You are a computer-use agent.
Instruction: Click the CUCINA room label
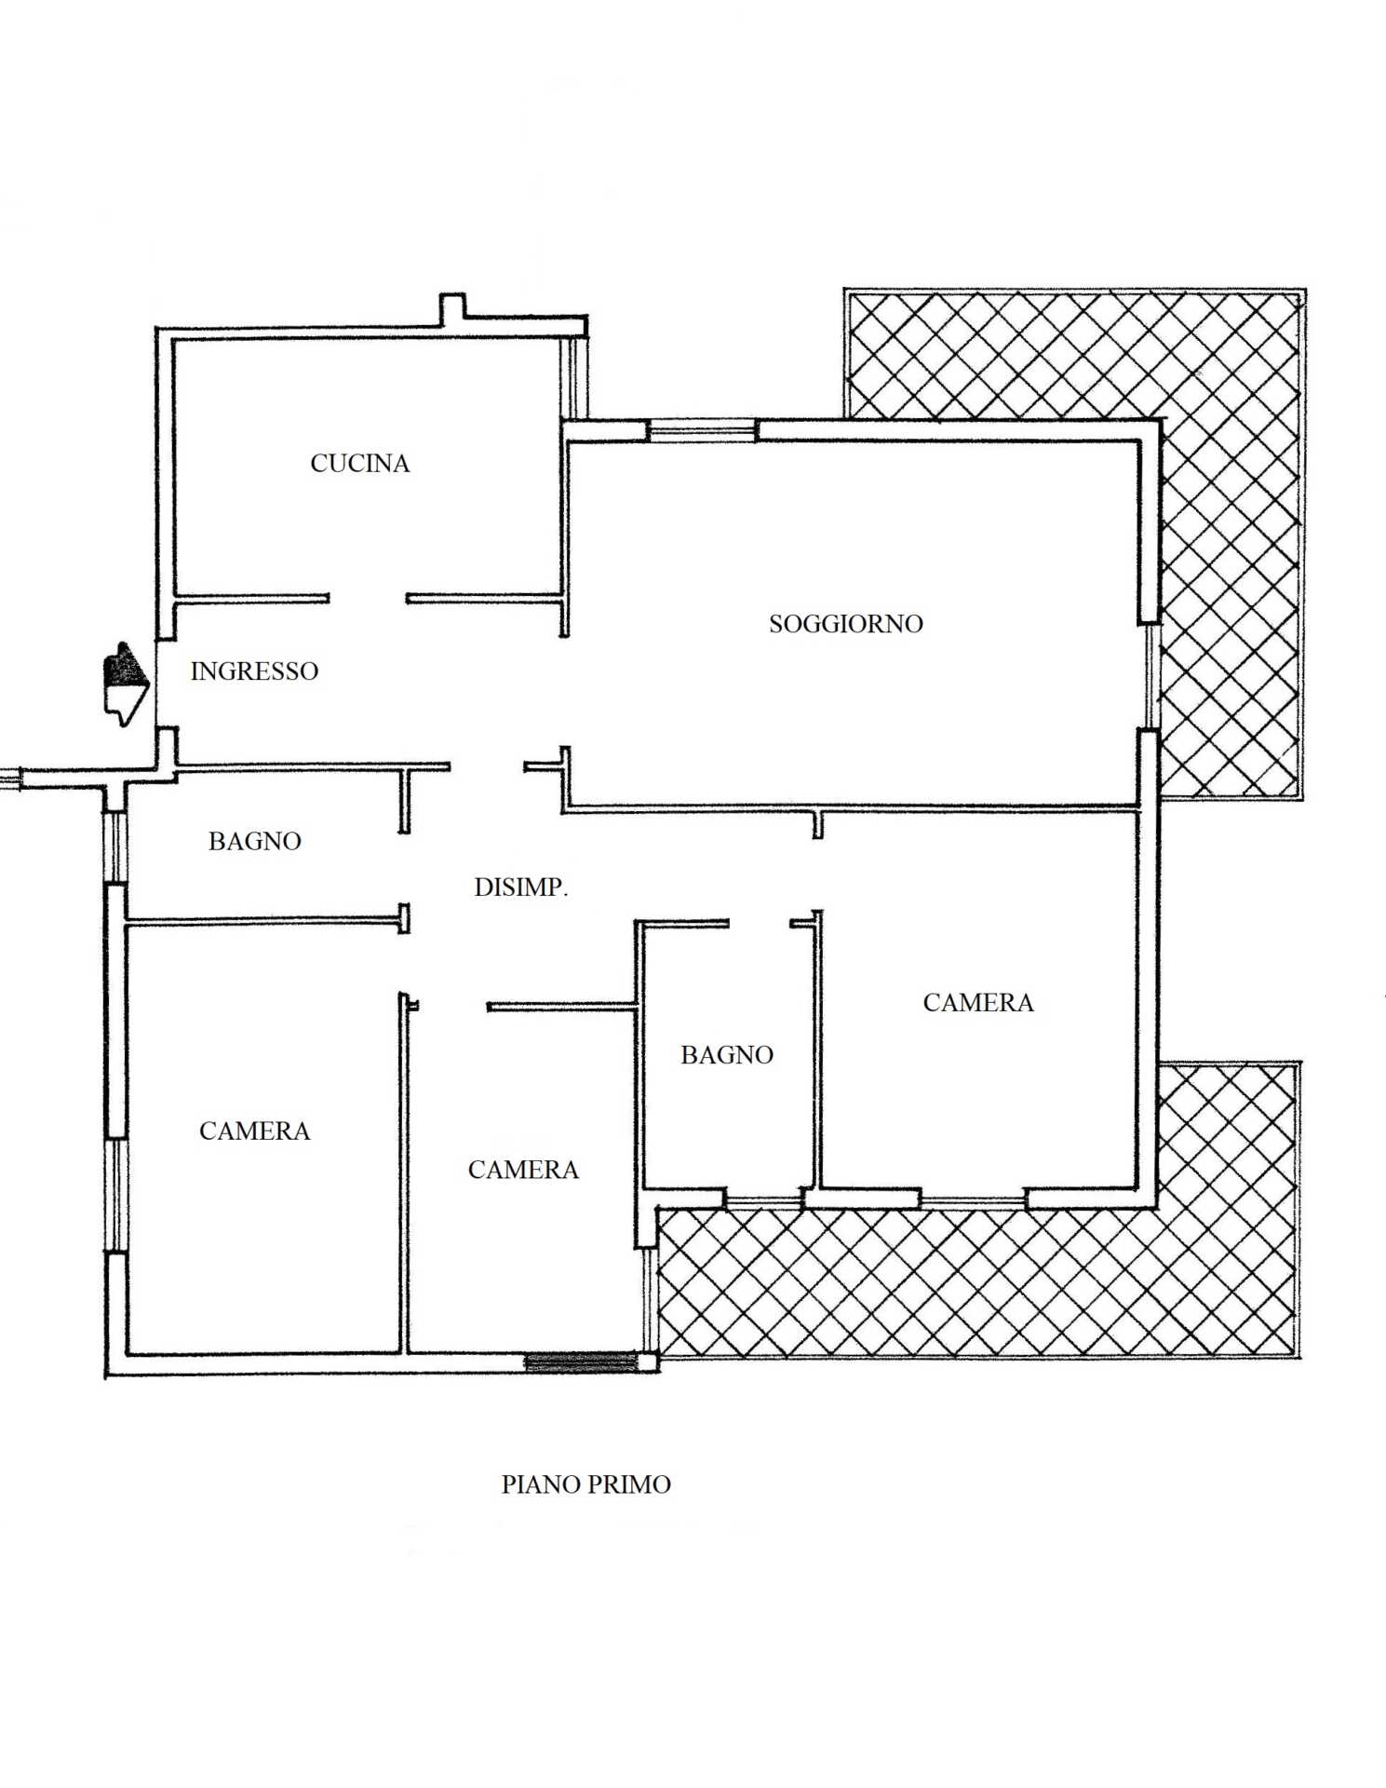(360, 463)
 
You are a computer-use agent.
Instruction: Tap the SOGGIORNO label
(845, 623)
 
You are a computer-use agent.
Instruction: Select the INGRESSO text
(254, 670)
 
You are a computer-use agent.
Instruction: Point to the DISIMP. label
(520, 887)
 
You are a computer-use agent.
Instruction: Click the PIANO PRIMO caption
(585, 1483)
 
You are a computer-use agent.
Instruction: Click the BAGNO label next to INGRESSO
(254, 841)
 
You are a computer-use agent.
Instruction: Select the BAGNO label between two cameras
(727, 1054)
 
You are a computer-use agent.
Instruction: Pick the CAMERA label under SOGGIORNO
(978, 1002)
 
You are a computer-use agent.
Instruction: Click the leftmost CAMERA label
(254, 1131)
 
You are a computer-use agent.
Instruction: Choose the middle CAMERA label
(523, 1169)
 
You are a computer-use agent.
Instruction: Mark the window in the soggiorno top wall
(703, 430)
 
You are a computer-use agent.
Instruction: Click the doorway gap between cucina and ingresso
(368, 599)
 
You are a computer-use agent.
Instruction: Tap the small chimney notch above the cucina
(452, 310)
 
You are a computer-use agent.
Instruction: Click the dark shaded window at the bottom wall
(582, 1362)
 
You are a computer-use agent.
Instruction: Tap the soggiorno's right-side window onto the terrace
(1151, 676)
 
